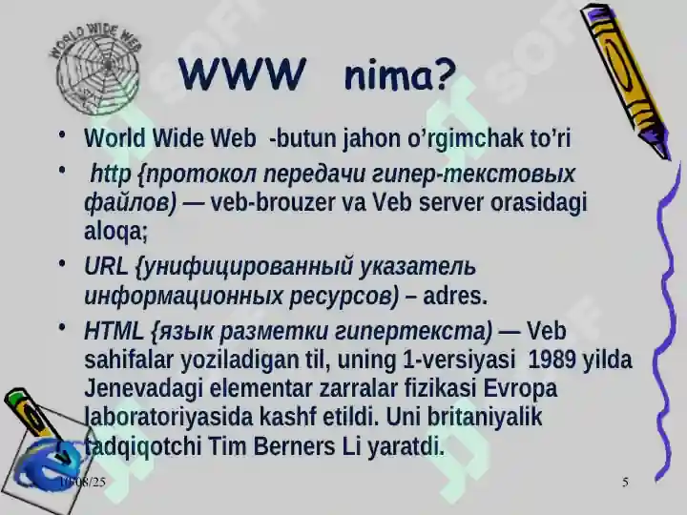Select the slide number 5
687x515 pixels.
[625, 483]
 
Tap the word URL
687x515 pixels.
[104, 267]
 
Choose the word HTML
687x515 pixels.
[113, 332]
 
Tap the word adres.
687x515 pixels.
[454, 296]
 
